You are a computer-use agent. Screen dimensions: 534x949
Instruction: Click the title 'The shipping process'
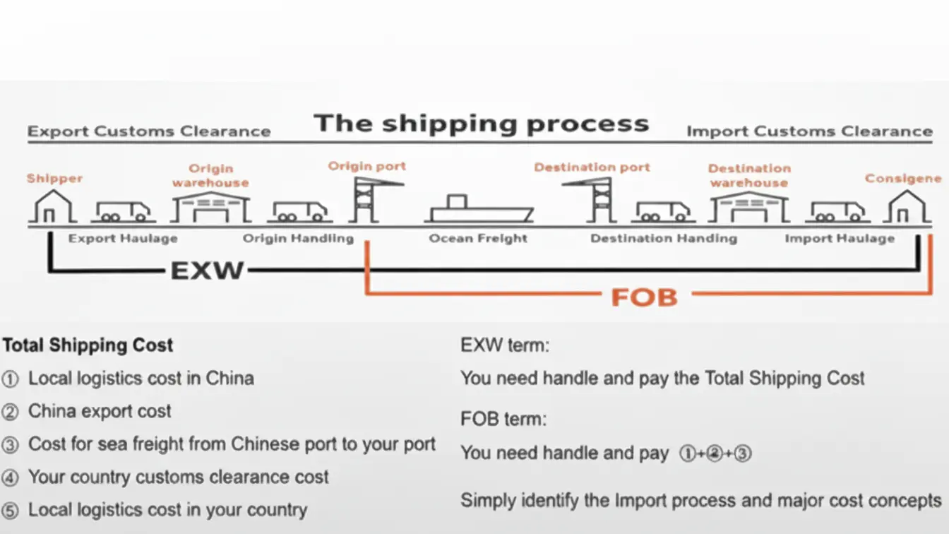482,124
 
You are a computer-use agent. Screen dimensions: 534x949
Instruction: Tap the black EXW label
207,270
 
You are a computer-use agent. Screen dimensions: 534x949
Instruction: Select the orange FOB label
644,297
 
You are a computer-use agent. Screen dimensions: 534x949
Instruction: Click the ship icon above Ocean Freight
479,209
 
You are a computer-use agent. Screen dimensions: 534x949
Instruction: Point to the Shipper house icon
52,206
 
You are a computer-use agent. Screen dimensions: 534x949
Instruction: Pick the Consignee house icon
907,206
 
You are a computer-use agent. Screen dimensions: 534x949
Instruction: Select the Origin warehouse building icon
211,208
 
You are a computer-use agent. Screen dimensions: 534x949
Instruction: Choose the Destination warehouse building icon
749,208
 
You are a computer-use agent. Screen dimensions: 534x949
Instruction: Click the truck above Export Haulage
124,210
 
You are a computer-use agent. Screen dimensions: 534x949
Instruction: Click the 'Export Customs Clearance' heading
149,131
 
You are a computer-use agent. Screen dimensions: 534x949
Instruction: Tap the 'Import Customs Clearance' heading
809,131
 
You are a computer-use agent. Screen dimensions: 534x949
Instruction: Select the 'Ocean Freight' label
478,239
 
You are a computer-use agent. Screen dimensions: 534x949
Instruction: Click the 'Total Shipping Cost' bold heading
88,345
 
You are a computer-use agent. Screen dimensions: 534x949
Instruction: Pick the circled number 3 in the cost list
10,445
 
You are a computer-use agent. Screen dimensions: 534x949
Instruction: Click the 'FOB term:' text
503,419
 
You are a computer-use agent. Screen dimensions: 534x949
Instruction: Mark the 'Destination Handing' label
663,239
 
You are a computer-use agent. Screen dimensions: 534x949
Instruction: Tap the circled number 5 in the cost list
10,511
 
